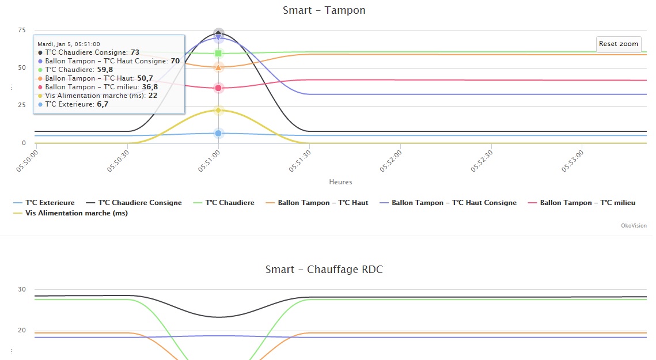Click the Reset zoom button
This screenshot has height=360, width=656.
click(619, 44)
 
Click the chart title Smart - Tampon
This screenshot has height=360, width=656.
click(324, 10)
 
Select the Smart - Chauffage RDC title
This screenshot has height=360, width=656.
click(324, 270)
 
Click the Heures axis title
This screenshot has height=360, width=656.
click(340, 182)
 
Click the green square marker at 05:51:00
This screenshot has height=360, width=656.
click(218, 54)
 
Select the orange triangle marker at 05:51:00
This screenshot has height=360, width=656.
click(218, 67)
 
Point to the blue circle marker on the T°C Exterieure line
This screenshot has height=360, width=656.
click(218, 133)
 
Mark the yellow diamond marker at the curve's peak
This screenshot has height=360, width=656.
click(218, 110)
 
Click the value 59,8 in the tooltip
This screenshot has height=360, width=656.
click(105, 70)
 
